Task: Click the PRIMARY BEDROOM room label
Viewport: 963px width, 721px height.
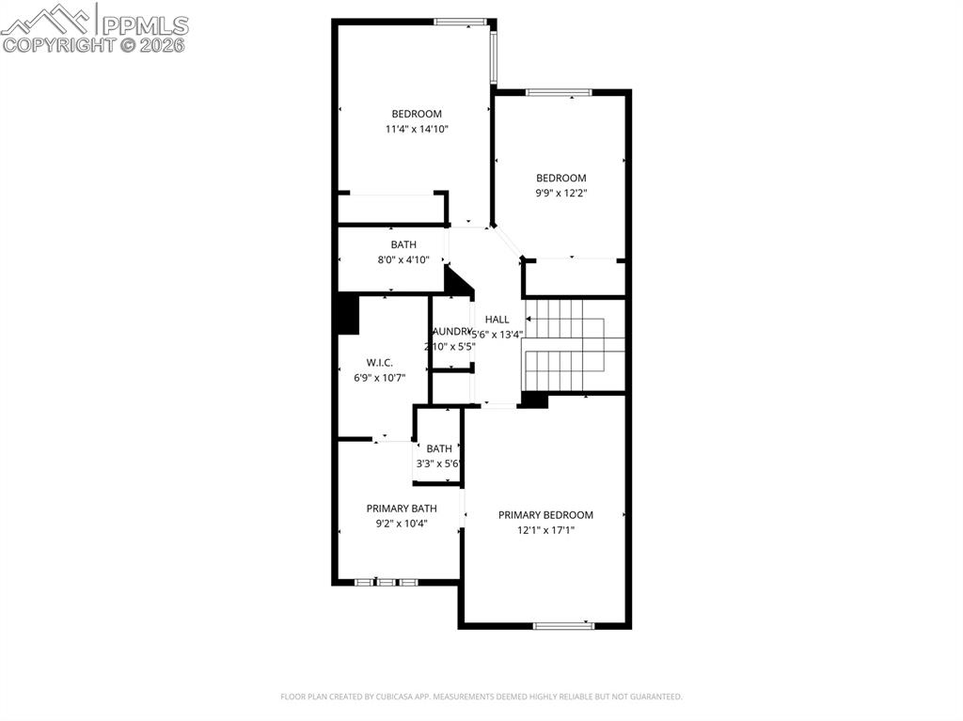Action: click(x=545, y=515)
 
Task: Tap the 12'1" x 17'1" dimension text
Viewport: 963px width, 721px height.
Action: click(x=545, y=530)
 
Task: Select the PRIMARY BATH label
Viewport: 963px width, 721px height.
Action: click(x=402, y=509)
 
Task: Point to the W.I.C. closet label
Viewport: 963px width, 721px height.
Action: click(x=380, y=363)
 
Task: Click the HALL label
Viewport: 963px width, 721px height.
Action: click(x=497, y=320)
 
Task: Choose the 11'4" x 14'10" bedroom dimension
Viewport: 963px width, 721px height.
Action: click(x=417, y=130)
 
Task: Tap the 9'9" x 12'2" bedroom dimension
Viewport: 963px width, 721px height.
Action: click(x=561, y=194)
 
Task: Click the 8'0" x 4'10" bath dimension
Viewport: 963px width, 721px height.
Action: click(x=403, y=259)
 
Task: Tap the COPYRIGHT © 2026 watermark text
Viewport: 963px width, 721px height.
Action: click(x=94, y=44)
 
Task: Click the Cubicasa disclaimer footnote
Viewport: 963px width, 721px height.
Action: click(x=481, y=697)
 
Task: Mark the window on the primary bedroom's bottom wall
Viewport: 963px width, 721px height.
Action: click(x=564, y=625)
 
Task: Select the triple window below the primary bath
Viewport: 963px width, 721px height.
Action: click(x=386, y=582)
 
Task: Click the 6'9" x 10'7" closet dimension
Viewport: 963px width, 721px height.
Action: click(x=380, y=378)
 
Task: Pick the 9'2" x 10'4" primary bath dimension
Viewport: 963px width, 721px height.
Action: click(x=402, y=524)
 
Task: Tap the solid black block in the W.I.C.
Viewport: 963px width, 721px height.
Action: click(x=347, y=314)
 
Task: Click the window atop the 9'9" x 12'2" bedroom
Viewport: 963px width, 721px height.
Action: click(x=559, y=92)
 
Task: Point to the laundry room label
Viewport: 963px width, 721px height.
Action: click(x=451, y=332)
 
